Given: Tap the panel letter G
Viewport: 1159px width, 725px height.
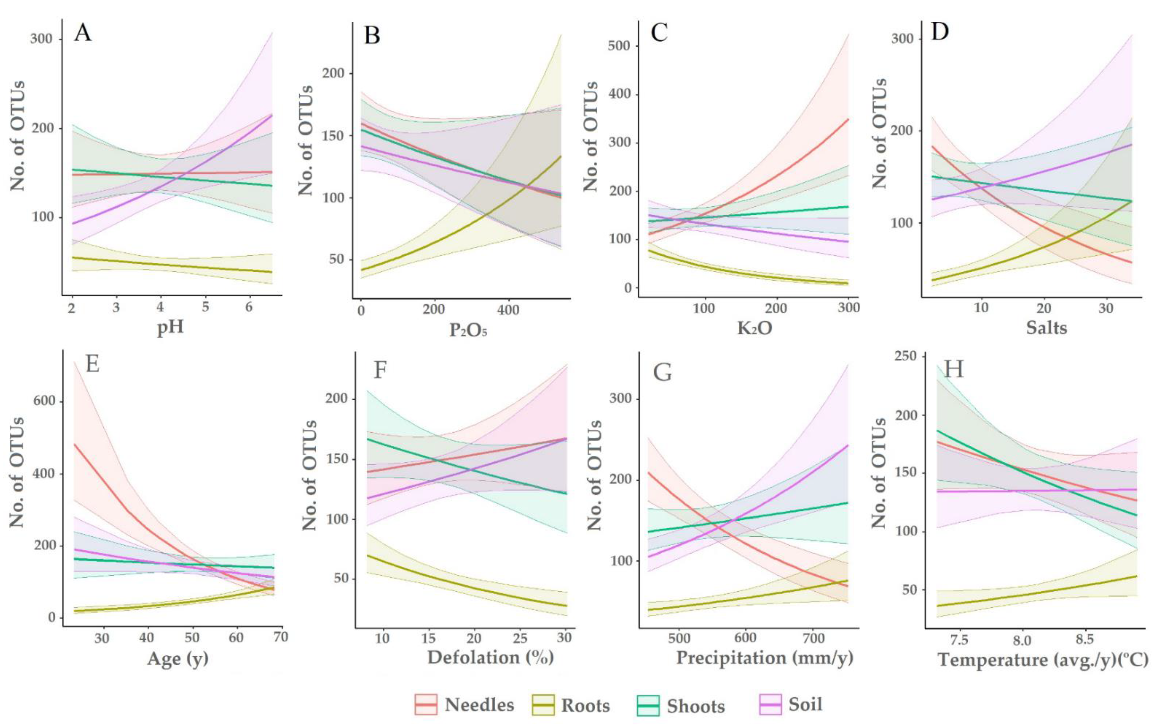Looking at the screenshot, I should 662,372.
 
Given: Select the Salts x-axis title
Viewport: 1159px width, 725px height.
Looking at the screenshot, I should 1046,328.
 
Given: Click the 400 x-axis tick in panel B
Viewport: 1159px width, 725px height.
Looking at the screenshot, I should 508,310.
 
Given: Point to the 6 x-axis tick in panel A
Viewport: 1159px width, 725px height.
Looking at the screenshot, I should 249,307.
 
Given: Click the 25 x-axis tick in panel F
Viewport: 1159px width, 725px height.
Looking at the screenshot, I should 520,638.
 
